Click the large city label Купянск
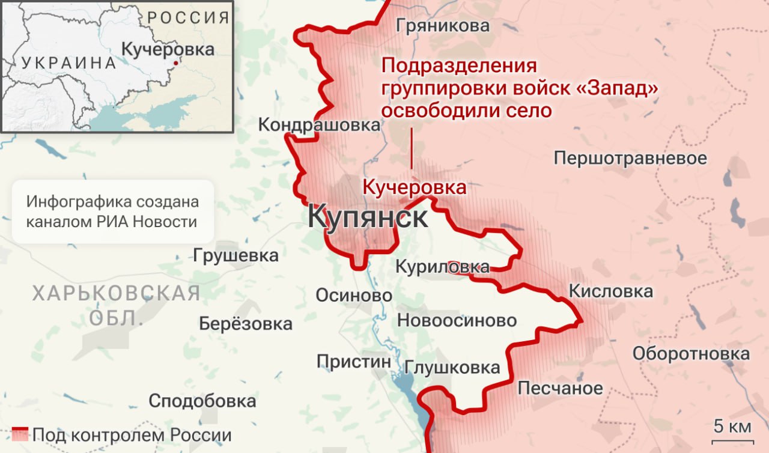(x=368, y=217)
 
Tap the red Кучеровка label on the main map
(x=414, y=187)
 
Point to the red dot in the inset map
(x=175, y=62)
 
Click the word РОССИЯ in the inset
(x=188, y=17)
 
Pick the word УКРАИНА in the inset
(x=68, y=62)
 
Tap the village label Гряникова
(x=442, y=26)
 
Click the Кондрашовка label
(x=319, y=125)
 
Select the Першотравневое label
(x=630, y=159)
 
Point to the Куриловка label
(x=442, y=267)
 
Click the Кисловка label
(x=610, y=292)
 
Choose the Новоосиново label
(x=457, y=320)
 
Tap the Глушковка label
(x=452, y=367)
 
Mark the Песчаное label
(x=560, y=388)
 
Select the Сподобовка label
(x=202, y=401)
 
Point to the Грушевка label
(x=236, y=255)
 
